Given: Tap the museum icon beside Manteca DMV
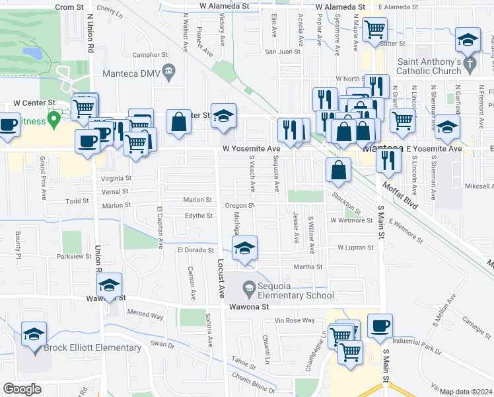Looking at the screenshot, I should click(x=169, y=70).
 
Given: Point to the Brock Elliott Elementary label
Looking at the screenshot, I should click(x=92, y=347).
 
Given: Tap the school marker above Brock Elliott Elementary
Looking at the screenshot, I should click(x=34, y=334).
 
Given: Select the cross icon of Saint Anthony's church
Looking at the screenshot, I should click(x=470, y=64).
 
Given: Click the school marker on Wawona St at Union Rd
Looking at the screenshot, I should click(x=109, y=285).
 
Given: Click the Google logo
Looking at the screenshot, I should click(x=22, y=389).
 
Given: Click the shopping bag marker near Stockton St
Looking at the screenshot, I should click(x=338, y=170).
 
